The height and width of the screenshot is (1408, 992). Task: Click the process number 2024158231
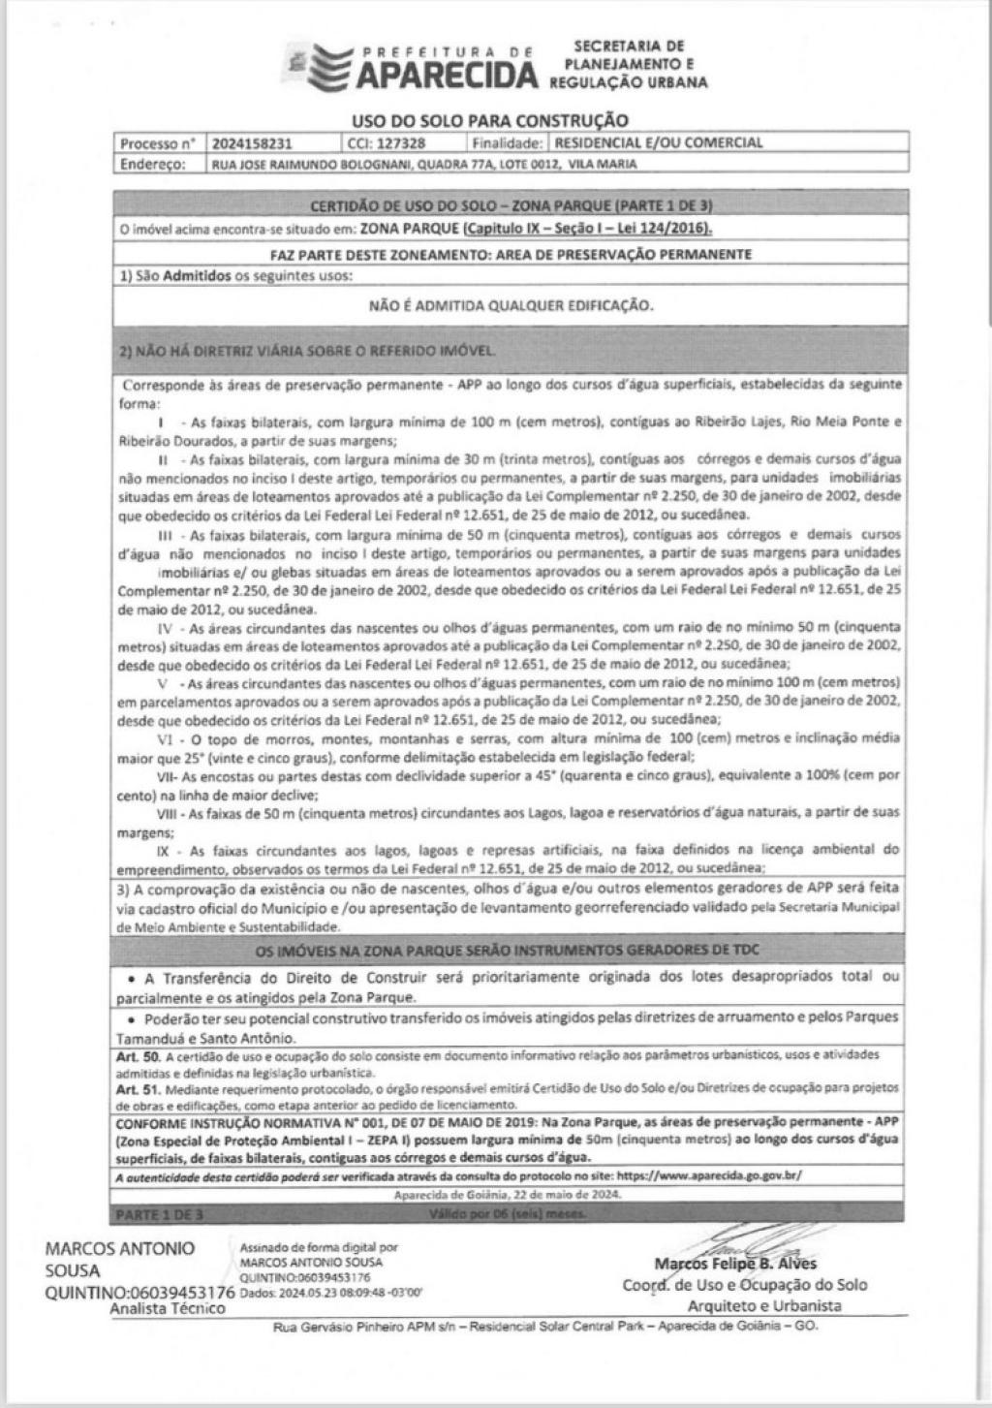(249, 143)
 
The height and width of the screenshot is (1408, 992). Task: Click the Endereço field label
(152, 164)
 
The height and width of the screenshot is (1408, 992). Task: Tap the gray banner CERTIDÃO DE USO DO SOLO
(511, 206)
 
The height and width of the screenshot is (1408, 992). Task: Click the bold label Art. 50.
(130, 1054)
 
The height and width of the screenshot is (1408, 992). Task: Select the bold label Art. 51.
(130, 1088)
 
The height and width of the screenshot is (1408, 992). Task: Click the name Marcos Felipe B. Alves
(735, 1264)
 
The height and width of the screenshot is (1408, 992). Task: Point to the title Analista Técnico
(168, 1308)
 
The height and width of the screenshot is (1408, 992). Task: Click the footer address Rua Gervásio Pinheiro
(546, 1326)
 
